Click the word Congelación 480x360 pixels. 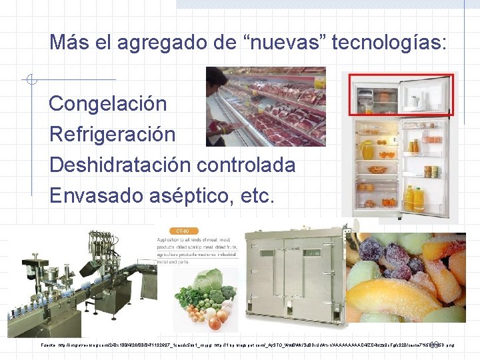(108, 104)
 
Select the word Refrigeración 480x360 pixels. (112, 134)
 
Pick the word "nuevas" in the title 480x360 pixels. (272, 43)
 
